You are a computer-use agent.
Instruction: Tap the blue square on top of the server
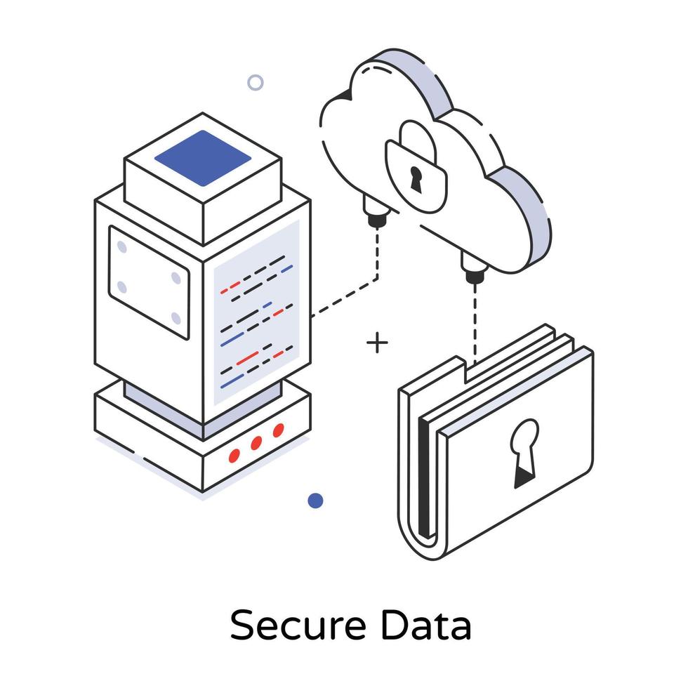(202, 158)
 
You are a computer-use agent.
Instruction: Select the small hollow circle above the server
(256, 83)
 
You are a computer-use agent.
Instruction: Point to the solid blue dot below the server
(316, 501)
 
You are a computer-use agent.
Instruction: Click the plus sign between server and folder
(378, 343)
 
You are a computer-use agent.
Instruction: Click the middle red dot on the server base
(256, 443)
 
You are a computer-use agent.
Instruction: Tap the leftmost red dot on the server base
(234, 456)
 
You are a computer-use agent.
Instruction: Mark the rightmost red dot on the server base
(279, 430)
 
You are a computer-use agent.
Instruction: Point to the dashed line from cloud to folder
(475, 323)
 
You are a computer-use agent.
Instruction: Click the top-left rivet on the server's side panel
(121, 247)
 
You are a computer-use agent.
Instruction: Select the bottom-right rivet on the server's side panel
(176, 319)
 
